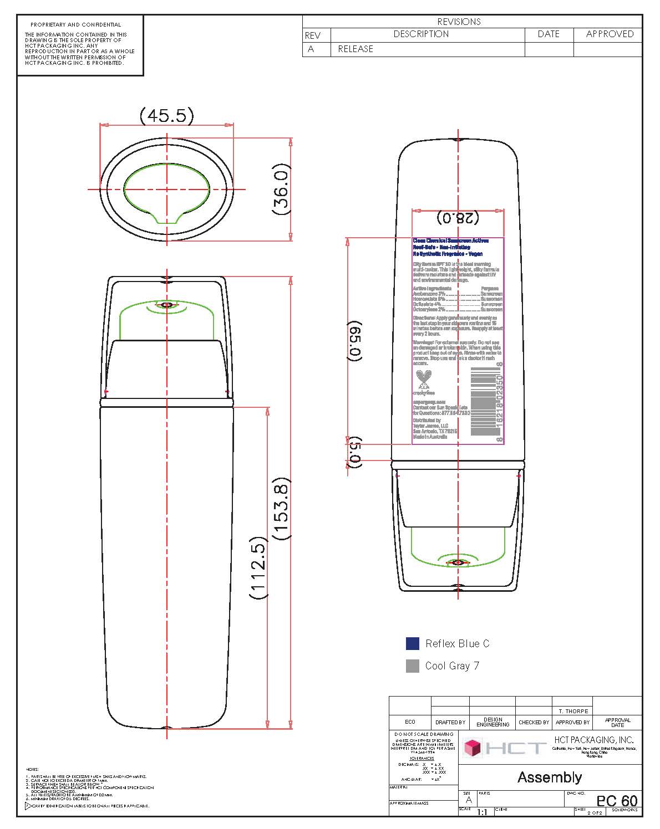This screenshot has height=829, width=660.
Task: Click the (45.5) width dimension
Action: point(166,116)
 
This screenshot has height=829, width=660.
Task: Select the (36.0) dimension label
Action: point(282,188)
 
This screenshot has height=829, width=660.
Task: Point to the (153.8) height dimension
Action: point(282,509)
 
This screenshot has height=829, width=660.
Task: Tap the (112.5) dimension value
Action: point(258,567)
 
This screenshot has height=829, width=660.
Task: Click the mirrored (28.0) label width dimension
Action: point(458,218)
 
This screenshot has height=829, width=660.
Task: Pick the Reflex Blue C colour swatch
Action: point(412,643)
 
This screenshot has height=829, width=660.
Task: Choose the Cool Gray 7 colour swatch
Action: point(412,666)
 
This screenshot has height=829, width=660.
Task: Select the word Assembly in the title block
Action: point(550,777)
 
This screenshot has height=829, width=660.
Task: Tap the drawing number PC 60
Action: point(617,801)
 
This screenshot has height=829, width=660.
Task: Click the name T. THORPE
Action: point(573,711)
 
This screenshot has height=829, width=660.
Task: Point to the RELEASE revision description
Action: point(356,49)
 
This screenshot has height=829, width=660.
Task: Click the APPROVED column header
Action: point(610,34)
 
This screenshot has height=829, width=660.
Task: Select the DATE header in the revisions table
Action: point(549,34)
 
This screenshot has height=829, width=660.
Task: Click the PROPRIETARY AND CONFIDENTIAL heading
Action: point(75,25)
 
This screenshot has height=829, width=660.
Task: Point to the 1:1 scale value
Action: point(481,812)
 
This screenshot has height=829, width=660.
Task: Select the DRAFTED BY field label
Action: point(450,722)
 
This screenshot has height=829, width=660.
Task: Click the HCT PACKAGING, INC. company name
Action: point(593,740)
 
